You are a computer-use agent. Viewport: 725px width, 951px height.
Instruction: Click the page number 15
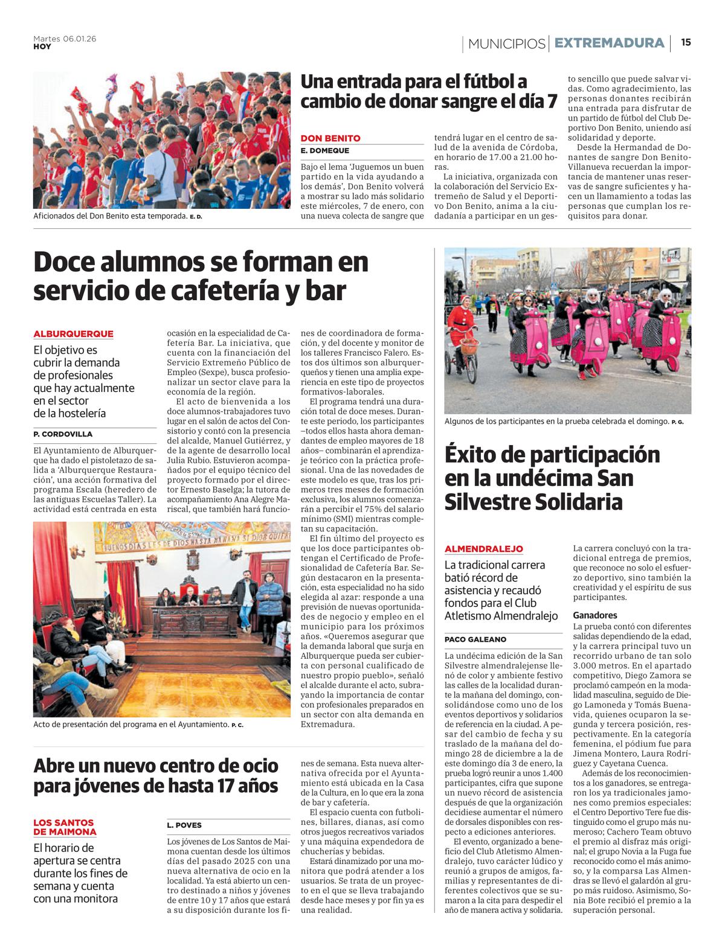[x=686, y=42]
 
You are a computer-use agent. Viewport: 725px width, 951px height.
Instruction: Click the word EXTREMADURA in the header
[x=609, y=43]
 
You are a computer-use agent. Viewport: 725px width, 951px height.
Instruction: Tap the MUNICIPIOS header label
[x=506, y=43]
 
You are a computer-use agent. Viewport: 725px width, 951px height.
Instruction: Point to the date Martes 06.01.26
[x=65, y=39]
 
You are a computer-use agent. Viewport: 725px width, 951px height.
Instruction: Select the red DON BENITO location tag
[x=330, y=138]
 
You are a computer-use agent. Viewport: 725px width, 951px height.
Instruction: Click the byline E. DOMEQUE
[x=325, y=151]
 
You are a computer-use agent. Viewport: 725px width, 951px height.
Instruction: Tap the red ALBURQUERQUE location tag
[x=73, y=334]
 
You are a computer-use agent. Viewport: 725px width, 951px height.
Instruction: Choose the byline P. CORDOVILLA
[x=63, y=434]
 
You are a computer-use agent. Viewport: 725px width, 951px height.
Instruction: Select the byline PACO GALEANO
[x=475, y=639]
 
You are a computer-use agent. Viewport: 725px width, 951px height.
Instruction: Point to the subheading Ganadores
[x=595, y=615]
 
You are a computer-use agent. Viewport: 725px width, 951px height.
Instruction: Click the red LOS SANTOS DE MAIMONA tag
[x=65, y=827]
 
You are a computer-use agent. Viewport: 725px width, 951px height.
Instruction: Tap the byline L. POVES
[x=184, y=825]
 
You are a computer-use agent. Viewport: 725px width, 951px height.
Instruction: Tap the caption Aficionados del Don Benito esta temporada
[x=110, y=216]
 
